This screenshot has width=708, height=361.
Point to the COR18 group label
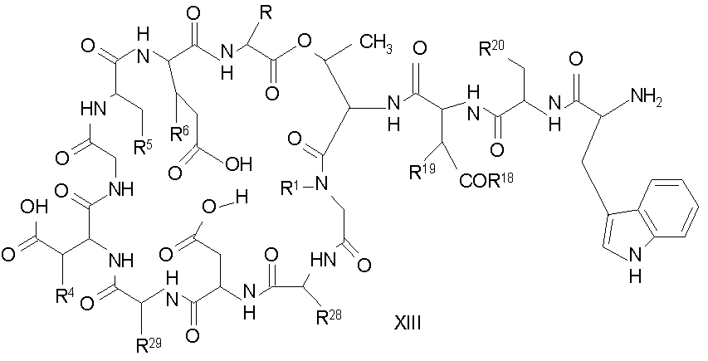(x=486, y=179)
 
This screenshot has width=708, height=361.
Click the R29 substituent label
(x=149, y=346)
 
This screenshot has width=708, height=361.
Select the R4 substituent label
(x=64, y=296)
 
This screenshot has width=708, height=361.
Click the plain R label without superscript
(x=267, y=12)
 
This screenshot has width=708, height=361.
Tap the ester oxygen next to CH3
(x=306, y=42)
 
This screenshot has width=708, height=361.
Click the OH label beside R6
(x=239, y=163)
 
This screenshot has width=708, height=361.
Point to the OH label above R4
(x=34, y=208)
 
